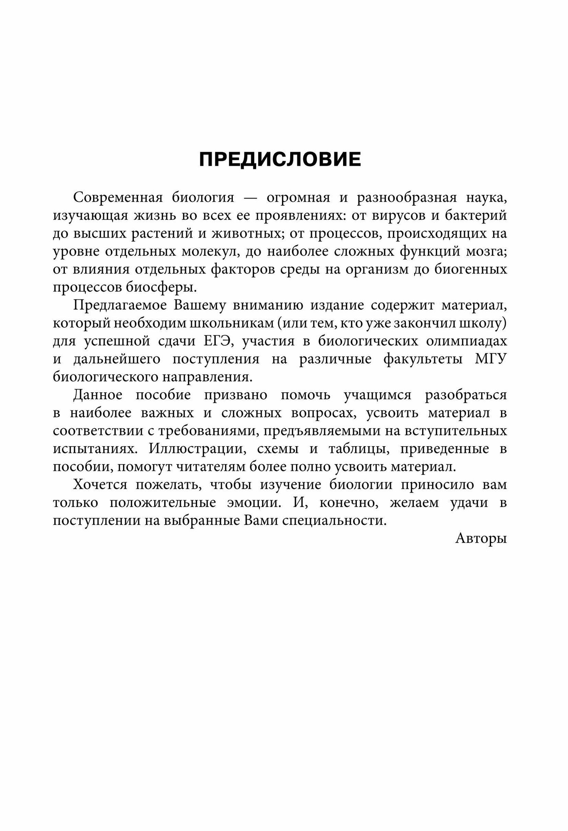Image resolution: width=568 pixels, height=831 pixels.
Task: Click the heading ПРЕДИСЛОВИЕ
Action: [280, 160]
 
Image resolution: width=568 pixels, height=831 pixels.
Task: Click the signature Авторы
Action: [481, 538]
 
